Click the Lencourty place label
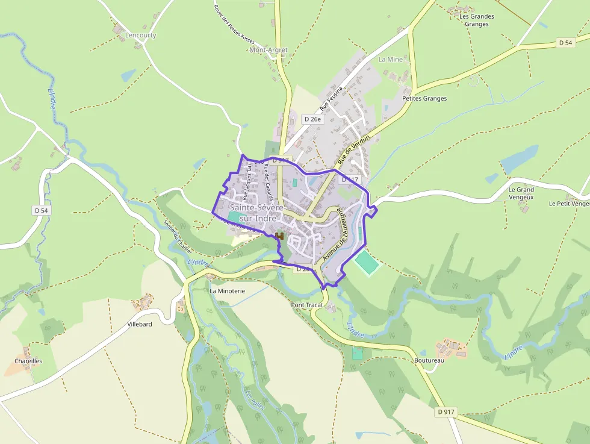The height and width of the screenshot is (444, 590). click(140, 36)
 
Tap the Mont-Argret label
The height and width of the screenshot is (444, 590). click(268, 50)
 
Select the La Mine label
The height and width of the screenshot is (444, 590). click(390, 60)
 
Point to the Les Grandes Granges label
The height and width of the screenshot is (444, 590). click(476, 20)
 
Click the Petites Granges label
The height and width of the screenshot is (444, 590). click(424, 98)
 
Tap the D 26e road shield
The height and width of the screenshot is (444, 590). click(313, 119)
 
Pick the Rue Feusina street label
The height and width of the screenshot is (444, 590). click(331, 98)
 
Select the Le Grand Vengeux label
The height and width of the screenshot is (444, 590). click(521, 193)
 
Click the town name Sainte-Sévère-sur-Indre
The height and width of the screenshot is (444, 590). click(253, 213)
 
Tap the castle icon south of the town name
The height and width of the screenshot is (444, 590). click(279, 235)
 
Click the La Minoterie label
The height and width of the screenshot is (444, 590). click(227, 290)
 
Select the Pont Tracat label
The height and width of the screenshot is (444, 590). click(307, 305)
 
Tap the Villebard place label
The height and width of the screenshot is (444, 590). click(140, 324)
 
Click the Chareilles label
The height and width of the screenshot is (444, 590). click(28, 361)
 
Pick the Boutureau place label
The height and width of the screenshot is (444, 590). click(429, 360)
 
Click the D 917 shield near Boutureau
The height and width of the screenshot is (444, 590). click(446, 411)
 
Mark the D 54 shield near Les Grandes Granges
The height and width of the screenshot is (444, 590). click(565, 43)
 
